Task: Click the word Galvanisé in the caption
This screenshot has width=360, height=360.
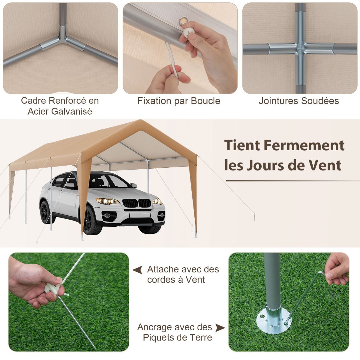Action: pyautogui.click(x=72, y=112)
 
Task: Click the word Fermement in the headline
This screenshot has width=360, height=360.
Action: pyautogui.click(x=304, y=145)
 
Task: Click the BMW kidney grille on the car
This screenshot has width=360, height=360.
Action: pyautogui.click(x=136, y=203)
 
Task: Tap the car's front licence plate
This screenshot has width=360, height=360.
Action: pyautogui.click(x=140, y=215)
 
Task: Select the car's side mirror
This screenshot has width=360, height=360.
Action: pyautogui.click(x=134, y=185)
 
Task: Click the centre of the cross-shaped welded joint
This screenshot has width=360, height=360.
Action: pyautogui.click(x=300, y=49)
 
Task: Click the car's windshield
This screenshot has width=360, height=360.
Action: pyautogui.click(x=110, y=181)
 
